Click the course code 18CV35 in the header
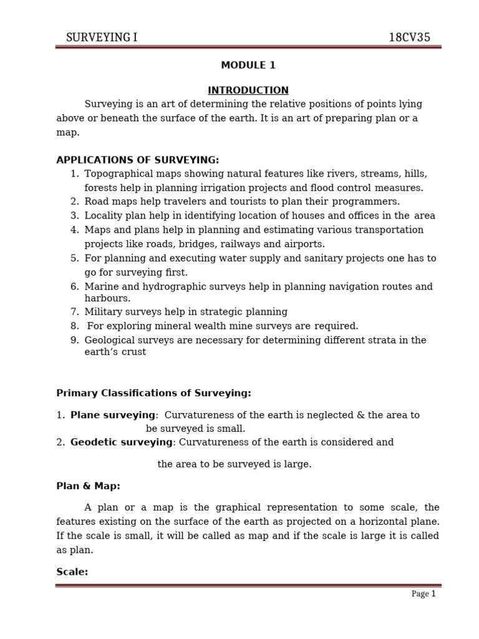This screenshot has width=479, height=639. tap(409, 37)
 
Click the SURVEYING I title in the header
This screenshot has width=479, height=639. tap(102, 37)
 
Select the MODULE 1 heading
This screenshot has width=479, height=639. tap(248, 65)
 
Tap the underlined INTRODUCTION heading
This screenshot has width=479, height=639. tap(248, 90)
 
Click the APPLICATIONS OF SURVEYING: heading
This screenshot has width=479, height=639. tap(138, 160)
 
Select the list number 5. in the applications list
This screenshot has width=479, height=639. tap(75, 258)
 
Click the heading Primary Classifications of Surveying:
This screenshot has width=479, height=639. tap(153, 393)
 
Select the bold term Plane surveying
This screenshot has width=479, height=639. tap(113, 415)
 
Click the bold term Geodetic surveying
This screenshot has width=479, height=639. tap(121, 442)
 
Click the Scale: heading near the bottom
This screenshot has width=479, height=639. tap(72, 572)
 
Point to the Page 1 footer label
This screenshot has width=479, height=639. tap(423, 594)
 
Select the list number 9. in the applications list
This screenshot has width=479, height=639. tap(75, 340)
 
